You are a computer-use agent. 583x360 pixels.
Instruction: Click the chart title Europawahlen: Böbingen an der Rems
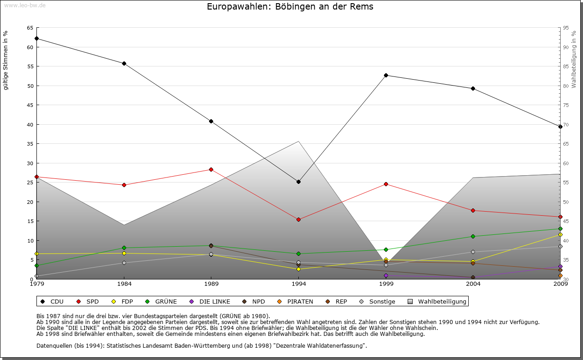click(290, 7)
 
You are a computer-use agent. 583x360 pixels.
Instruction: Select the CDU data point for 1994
click(298, 182)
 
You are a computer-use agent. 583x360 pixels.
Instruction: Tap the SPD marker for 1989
click(211, 169)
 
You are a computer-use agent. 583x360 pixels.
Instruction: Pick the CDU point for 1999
click(386, 75)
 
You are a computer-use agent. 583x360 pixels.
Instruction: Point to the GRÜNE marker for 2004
click(473, 236)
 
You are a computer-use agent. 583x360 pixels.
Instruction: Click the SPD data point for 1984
click(124, 185)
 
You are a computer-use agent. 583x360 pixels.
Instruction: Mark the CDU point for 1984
click(124, 63)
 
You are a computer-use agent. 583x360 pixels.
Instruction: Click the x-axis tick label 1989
click(211, 284)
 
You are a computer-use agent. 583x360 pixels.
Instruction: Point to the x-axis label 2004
click(473, 284)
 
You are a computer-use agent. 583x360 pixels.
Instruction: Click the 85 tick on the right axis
click(566, 66)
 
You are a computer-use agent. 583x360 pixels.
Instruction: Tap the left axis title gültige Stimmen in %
click(6, 60)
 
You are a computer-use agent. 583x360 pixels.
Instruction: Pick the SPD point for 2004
click(473, 210)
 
